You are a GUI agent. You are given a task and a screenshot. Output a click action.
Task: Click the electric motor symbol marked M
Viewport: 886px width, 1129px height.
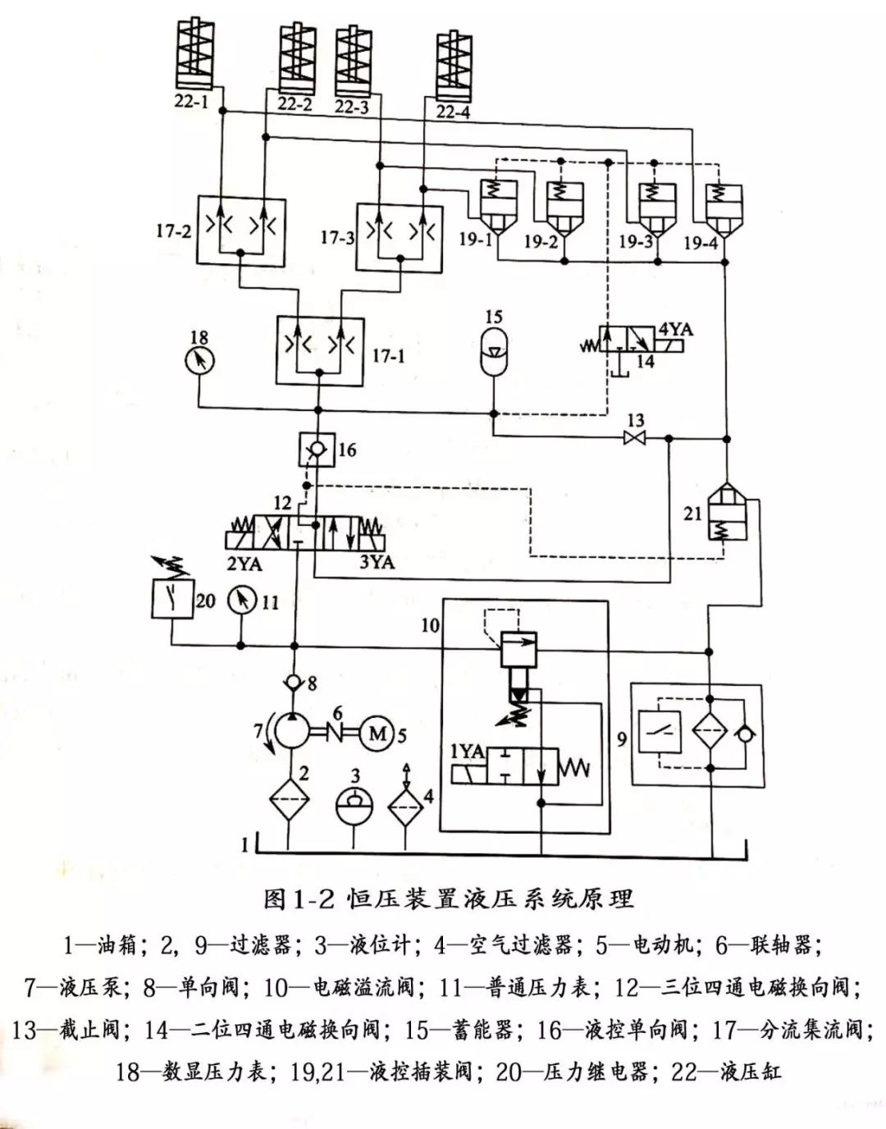coord(377,733)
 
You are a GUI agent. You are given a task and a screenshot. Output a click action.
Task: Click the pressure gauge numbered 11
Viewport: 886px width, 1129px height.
coord(241,601)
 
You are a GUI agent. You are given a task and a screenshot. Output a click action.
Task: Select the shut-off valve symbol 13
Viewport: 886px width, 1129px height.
coord(635,439)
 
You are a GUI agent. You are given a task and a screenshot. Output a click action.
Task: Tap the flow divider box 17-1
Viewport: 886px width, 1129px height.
coord(318,350)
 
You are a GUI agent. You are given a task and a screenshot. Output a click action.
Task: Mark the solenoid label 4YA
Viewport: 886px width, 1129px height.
coord(674,330)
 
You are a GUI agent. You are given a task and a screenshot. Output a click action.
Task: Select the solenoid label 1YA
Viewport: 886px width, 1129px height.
coord(468,752)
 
